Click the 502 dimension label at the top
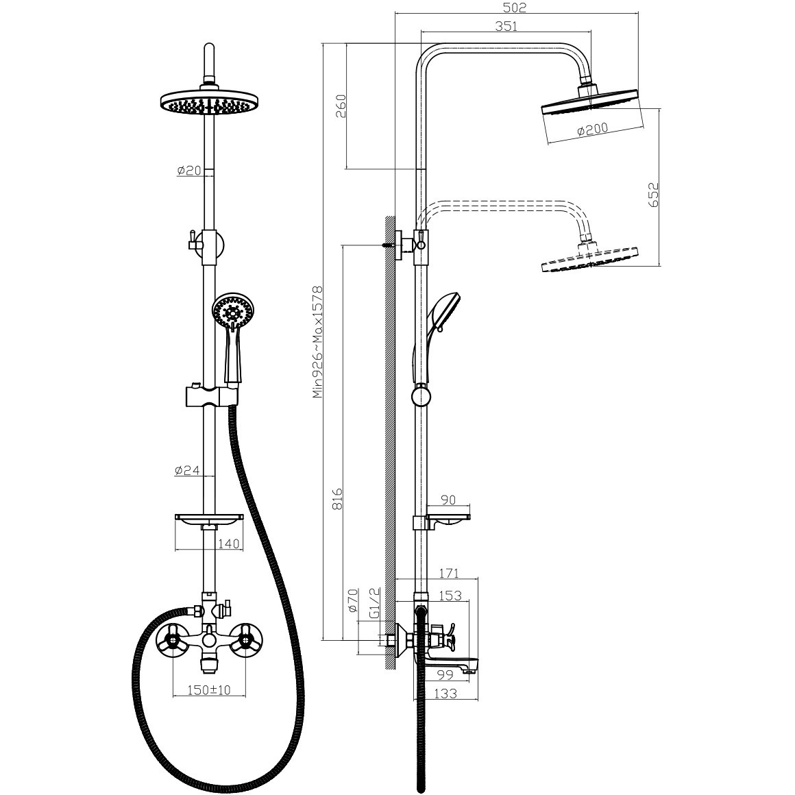point(515,8)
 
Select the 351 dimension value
point(506,26)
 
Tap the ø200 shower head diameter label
point(592,129)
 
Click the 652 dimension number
point(653,195)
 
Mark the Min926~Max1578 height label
point(317,342)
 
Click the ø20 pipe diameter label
point(189,171)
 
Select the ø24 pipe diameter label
point(187,471)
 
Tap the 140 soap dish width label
point(228,544)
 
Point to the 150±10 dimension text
point(209,690)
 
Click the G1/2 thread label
point(375,603)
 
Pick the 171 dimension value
point(449,574)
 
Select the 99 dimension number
point(445,675)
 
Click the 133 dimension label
point(445,693)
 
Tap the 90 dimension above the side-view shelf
point(448,500)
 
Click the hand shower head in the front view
point(232,312)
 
